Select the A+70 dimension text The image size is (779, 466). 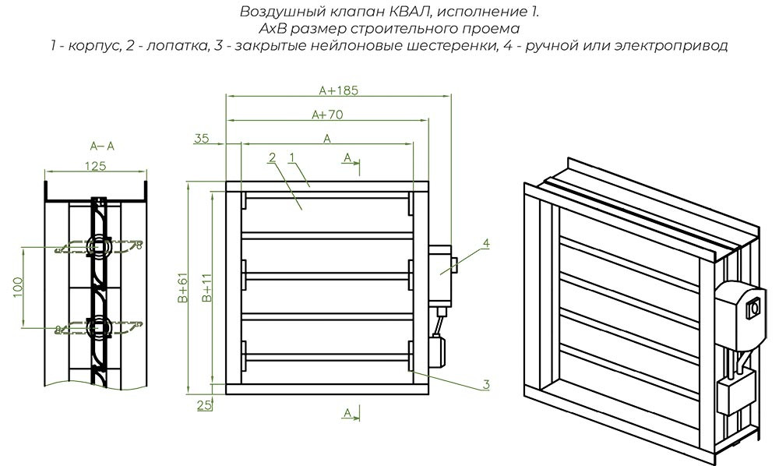(327, 115)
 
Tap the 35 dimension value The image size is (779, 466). (202, 139)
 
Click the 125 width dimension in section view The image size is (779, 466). (95, 164)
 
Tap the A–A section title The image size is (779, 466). (102, 146)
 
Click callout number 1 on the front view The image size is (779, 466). (291, 157)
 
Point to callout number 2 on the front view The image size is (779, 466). (272, 157)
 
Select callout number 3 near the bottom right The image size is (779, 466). (486, 383)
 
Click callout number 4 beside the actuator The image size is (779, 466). (486, 243)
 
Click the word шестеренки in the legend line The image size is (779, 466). (467, 46)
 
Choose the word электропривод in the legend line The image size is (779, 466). (679, 46)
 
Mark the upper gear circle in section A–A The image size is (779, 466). (97, 246)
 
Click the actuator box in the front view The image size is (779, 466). (441, 273)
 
